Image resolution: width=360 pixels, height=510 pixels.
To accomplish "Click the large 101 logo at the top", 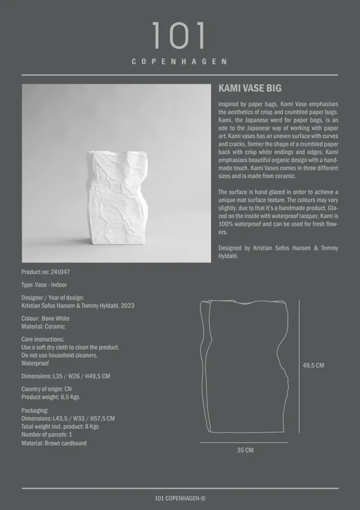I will coord(179,36).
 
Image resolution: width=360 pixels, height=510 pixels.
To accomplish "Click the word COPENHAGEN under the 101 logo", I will coord(179,62).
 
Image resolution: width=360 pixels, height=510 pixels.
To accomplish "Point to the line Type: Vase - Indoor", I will coord(44,285).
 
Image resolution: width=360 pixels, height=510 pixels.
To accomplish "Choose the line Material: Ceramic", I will coord(43,326).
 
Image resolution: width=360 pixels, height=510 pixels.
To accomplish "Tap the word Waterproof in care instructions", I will coord(35,364).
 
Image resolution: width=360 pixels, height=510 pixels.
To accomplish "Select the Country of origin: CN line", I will coord(46,389).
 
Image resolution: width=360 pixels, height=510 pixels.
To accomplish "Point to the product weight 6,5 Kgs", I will coord(67,397).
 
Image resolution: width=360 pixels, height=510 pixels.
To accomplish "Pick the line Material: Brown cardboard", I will coord(54,443).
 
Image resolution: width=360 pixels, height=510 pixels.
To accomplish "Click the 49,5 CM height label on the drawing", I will coord(313,365).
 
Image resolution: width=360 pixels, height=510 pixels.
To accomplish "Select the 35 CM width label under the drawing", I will coord(245,450).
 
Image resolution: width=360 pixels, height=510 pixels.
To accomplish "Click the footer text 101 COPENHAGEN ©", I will coord(180,499).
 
